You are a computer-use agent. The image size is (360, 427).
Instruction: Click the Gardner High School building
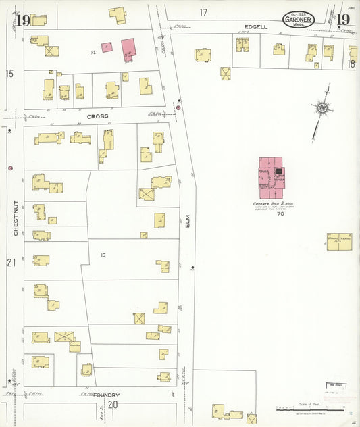tap(272, 177)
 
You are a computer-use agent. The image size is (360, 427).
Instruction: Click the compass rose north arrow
tap(322, 108)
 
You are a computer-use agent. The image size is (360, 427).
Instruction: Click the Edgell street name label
tap(256, 27)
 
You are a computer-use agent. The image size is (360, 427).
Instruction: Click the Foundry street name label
tap(107, 395)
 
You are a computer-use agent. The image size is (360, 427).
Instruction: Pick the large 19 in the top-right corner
tap(343, 19)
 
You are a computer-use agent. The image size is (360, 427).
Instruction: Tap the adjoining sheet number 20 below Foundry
tap(113, 405)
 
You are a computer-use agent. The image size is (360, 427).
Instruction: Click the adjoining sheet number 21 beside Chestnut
tap(10, 261)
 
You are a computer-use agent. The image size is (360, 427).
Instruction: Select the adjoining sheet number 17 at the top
tap(203, 12)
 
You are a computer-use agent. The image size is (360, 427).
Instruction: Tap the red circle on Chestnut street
tap(10, 168)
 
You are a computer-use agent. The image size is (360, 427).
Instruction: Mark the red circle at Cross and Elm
tap(178, 107)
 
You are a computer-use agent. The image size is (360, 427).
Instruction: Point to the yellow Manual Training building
tap(342, 241)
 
